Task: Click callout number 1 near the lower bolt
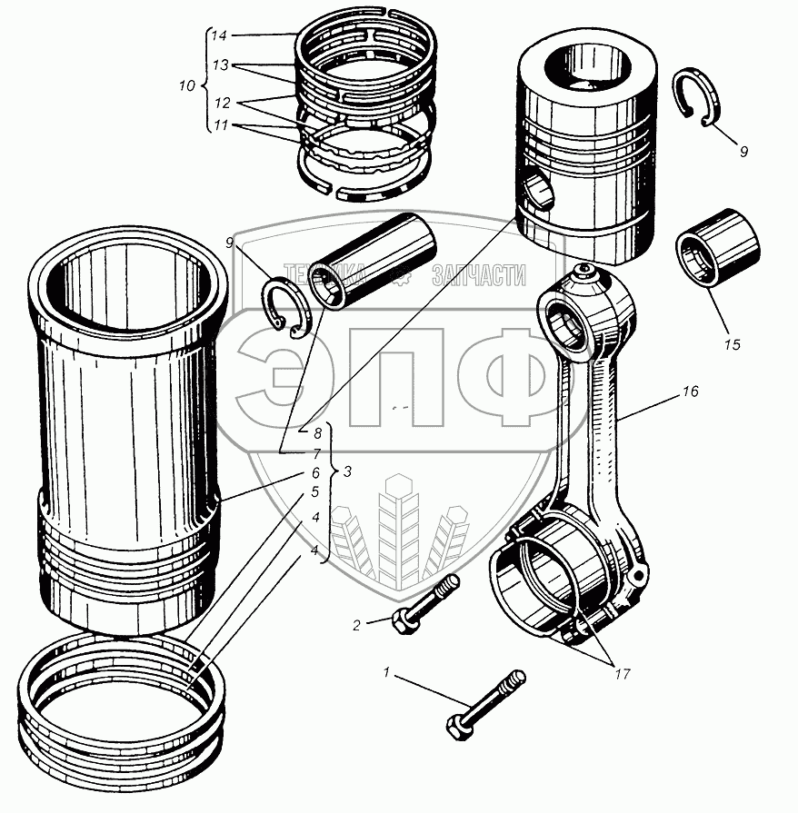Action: click(387, 673)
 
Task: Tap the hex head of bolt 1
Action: click(456, 726)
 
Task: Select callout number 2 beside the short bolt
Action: click(356, 624)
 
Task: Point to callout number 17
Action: click(621, 674)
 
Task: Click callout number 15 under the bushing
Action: click(733, 344)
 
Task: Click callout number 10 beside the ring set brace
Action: click(186, 87)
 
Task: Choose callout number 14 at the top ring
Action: click(218, 36)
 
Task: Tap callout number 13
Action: click(218, 66)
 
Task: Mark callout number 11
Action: click(218, 125)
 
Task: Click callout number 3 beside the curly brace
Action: click(348, 471)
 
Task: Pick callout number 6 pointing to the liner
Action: click(315, 473)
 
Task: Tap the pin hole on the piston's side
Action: click(537, 191)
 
